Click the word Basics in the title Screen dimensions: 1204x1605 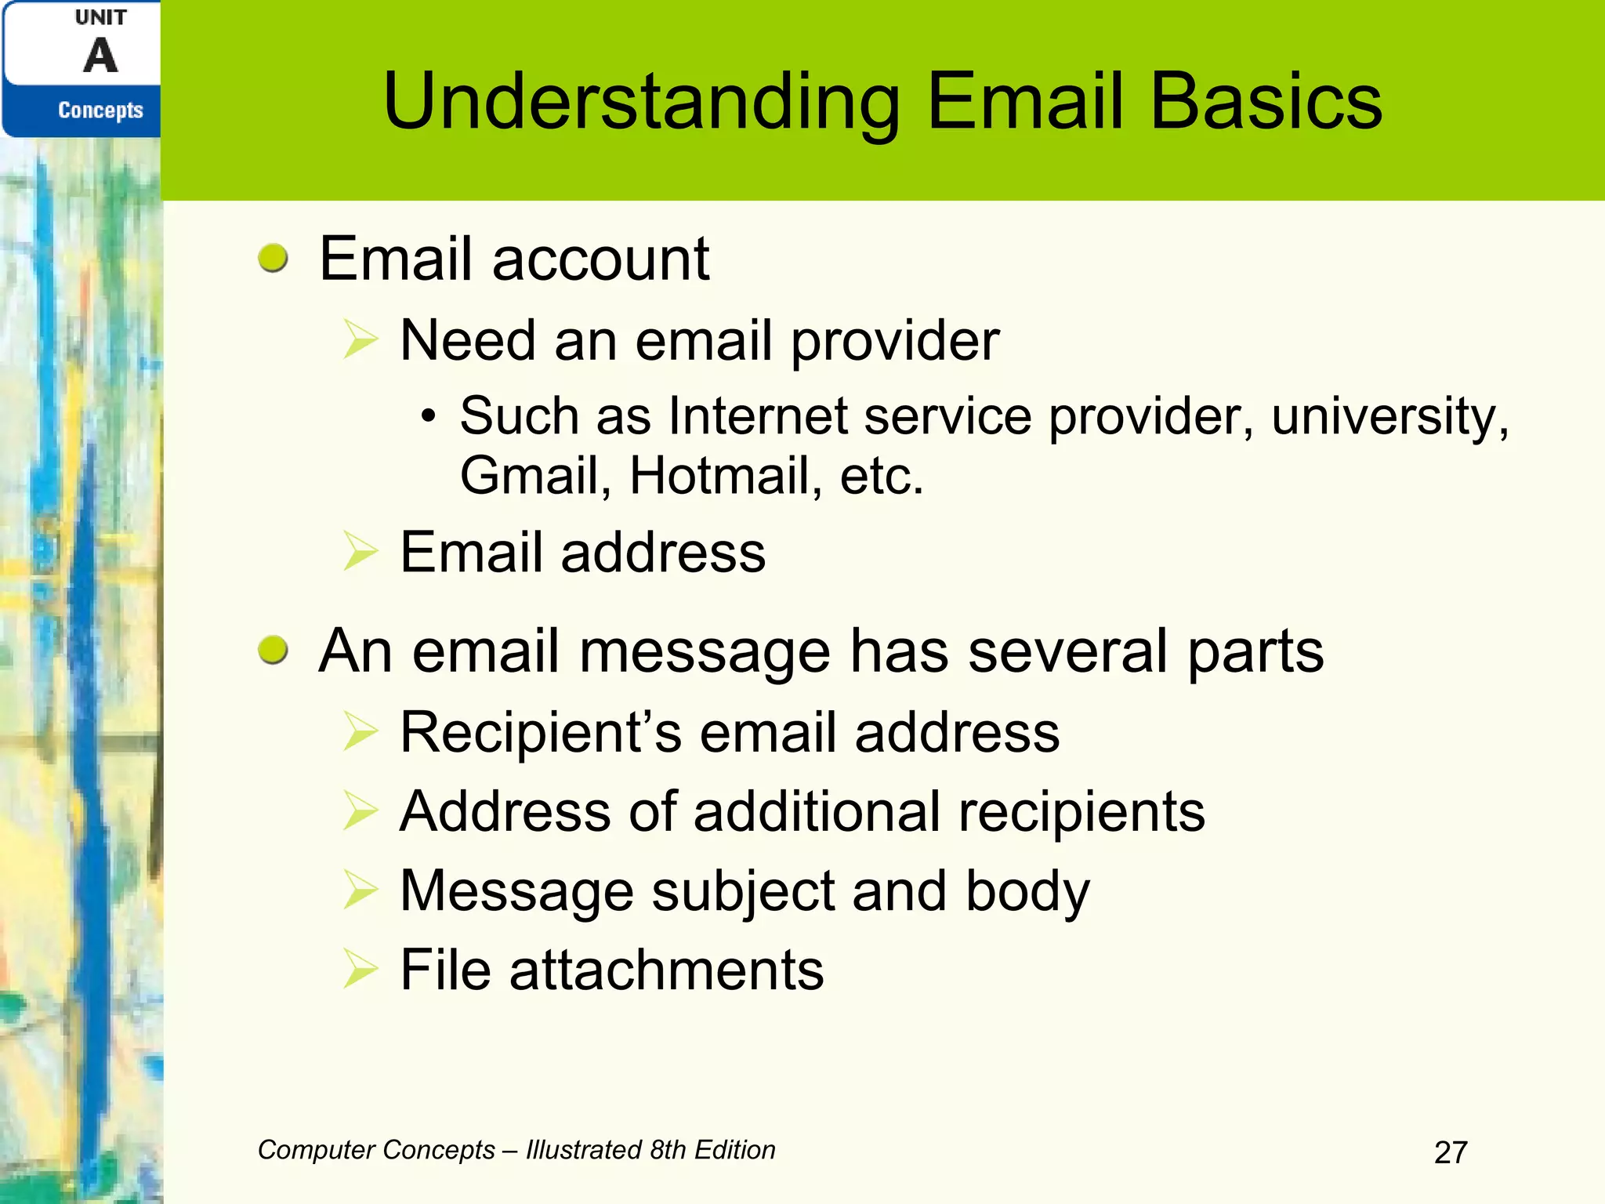click(1265, 102)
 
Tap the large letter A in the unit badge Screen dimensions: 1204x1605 click(100, 56)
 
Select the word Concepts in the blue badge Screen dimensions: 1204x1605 click(100, 111)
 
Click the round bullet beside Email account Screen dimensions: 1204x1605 click(273, 258)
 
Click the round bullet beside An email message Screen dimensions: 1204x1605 click(273, 650)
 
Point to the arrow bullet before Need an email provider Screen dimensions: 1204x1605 click(360, 341)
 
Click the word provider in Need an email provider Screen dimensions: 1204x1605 click(894, 342)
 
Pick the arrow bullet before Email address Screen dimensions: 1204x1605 click(360, 552)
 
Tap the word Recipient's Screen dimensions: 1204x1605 click(541, 732)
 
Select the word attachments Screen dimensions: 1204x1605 click(666, 970)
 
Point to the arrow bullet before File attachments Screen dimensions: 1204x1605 click(360, 970)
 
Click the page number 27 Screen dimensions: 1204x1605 click(1450, 1152)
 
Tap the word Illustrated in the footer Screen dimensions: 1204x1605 click(584, 1150)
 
